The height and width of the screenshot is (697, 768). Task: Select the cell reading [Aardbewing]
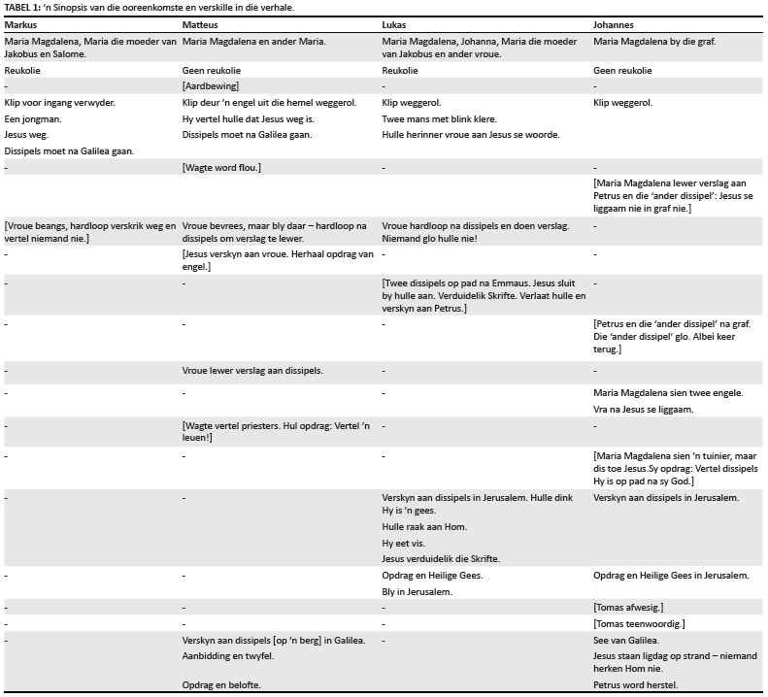[x=211, y=86]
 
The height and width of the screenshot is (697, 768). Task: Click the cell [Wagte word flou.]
[x=221, y=168]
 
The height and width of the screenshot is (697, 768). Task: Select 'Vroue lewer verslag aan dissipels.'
[x=252, y=371]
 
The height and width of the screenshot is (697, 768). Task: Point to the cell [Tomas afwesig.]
[x=628, y=607]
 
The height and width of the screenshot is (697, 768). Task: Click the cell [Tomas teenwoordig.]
[x=639, y=623]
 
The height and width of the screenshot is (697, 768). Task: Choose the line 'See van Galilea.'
[x=626, y=640]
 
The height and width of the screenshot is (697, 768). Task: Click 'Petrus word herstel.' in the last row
[x=636, y=685]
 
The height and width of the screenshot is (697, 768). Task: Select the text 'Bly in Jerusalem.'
[x=417, y=591]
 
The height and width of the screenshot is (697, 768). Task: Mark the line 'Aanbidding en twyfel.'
[x=227, y=656]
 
